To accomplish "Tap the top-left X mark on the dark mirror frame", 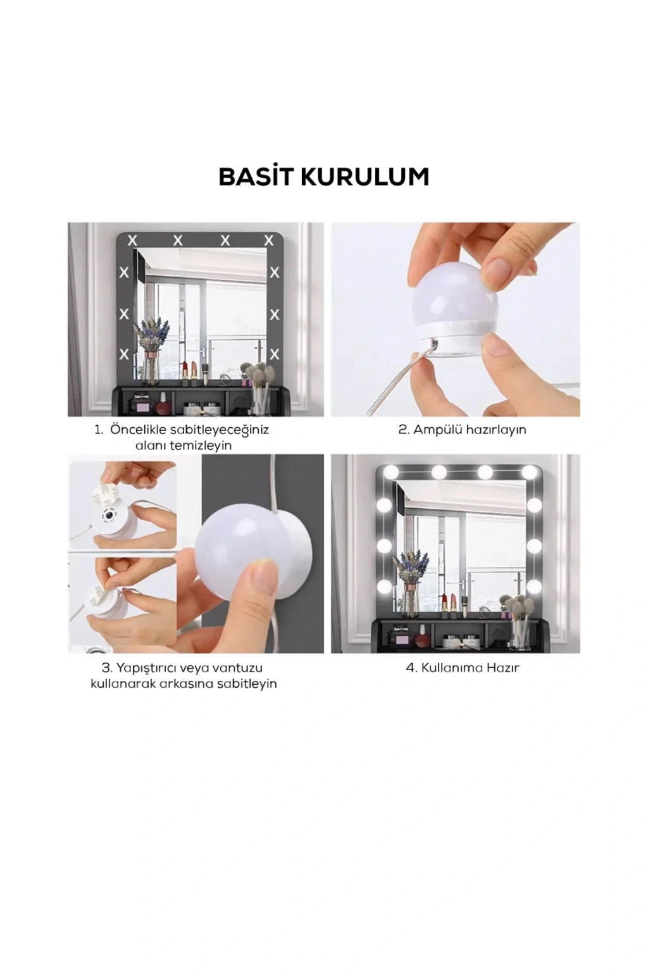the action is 132,240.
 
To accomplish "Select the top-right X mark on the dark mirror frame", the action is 269,240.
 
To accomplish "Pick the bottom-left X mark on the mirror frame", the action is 124,354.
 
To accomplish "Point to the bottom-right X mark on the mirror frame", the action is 274,354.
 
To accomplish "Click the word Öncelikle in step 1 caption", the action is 137,430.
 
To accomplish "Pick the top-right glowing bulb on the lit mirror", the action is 529,471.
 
